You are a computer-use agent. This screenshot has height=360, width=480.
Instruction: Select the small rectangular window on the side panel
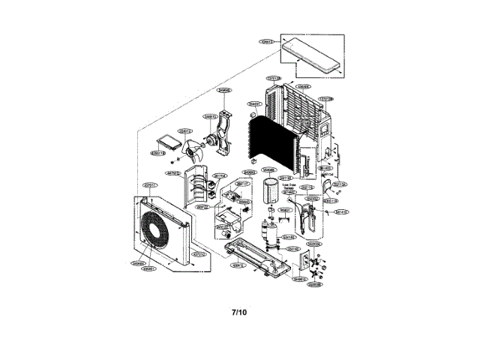325,128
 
